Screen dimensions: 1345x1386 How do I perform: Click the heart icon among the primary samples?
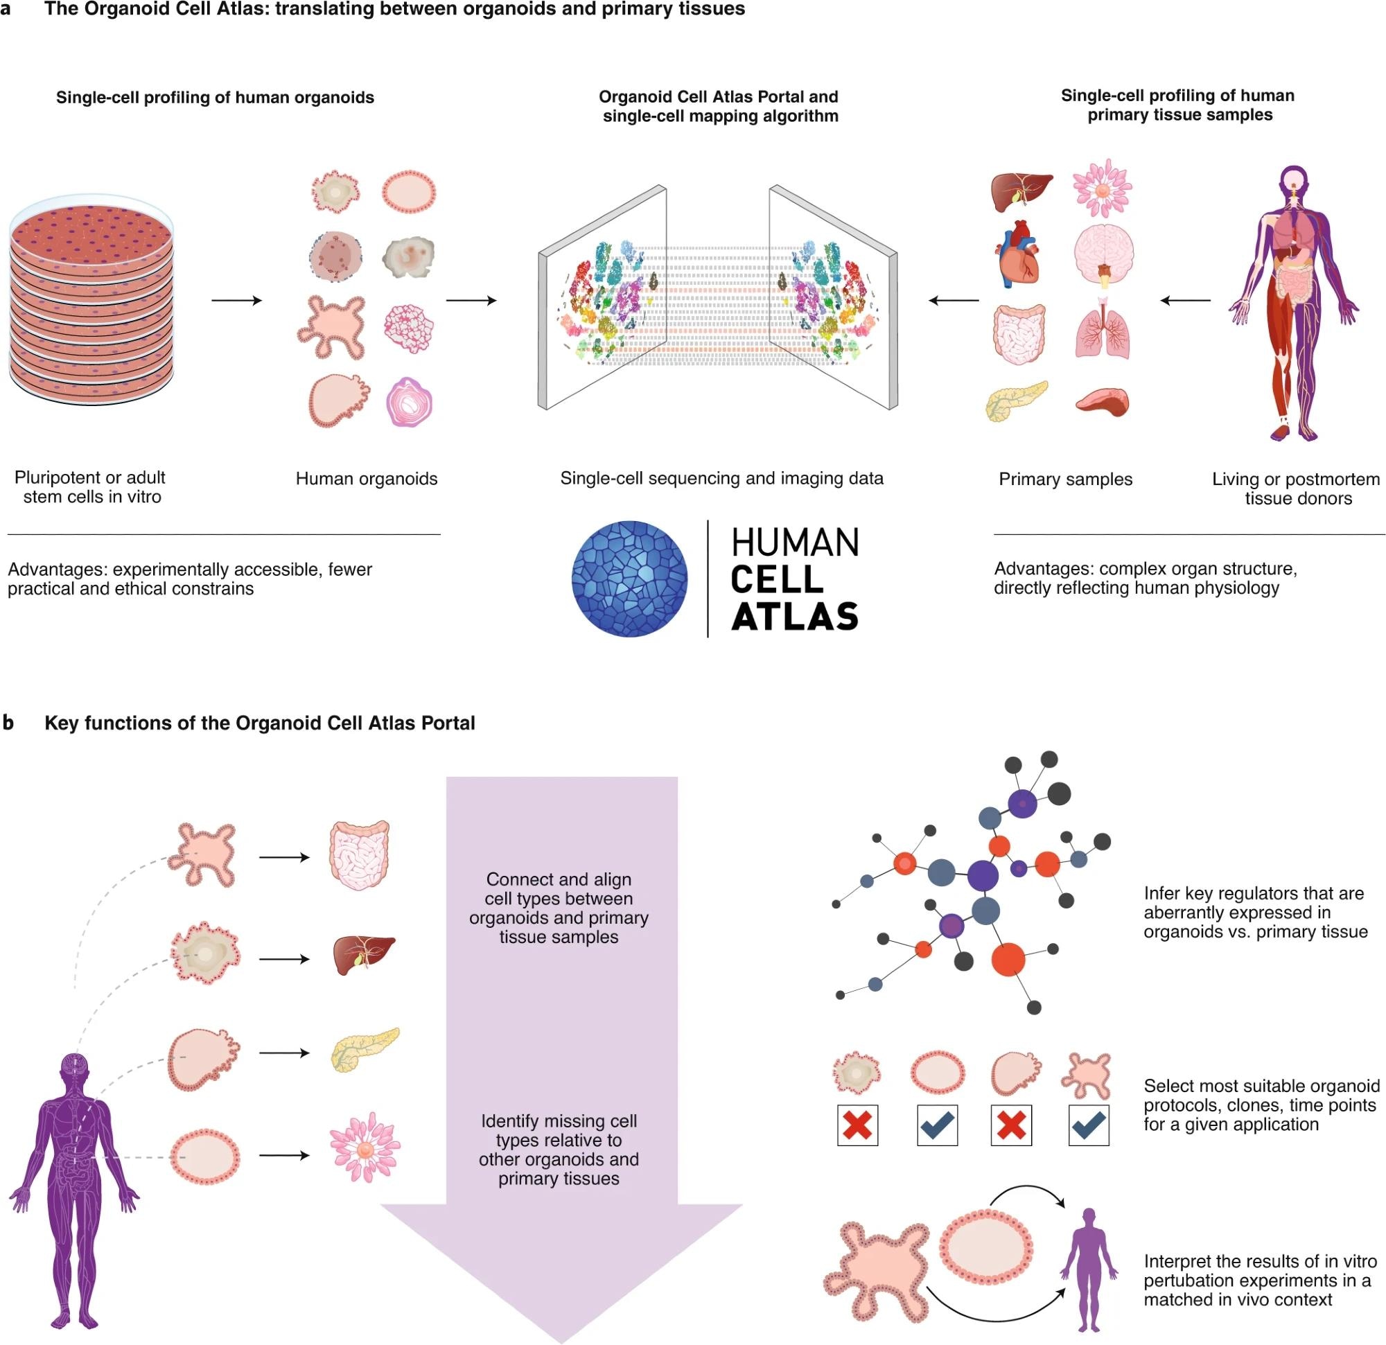(1017, 254)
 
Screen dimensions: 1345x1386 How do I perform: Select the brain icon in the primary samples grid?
(1103, 254)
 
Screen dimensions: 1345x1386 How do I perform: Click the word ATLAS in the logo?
(795, 616)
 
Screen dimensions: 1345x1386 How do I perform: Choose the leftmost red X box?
(857, 1125)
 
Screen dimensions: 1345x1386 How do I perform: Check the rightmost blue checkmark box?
(1089, 1125)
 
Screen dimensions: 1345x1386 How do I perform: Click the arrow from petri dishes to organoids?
(236, 301)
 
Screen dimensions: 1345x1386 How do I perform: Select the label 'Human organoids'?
(367, 479)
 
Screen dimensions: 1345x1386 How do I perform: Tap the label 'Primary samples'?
(1065, 480)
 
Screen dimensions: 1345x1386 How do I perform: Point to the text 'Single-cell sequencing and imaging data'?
(721, 479)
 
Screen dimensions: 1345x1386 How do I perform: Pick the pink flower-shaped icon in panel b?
(365, 1148)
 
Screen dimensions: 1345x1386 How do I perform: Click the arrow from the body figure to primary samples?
(1185, 301)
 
